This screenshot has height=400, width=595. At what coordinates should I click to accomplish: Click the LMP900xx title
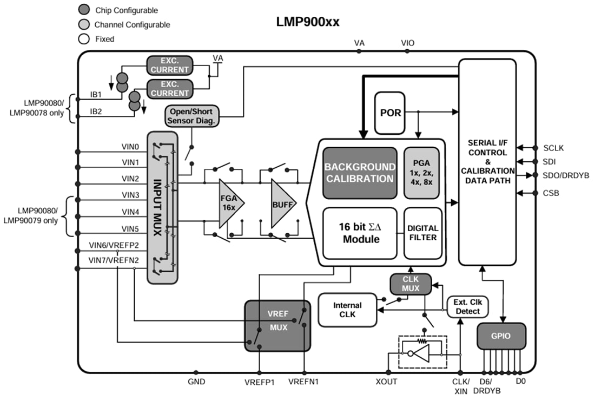click(308, 22)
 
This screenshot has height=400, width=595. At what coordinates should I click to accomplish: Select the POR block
click(390, 113)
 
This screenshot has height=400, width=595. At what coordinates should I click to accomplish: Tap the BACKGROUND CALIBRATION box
click(360, 173)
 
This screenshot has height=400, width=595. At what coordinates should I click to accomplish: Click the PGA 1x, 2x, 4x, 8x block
click(422, 172)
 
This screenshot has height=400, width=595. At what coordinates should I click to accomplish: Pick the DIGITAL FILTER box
click(422, 233)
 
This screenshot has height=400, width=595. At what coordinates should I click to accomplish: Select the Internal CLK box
click(347, 310)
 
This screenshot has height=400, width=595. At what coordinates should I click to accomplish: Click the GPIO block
click(501, 336)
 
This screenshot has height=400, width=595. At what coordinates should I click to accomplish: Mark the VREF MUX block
click(277, 325)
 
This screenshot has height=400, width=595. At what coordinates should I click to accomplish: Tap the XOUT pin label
click(386, 382)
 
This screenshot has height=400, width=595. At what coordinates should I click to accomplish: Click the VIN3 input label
click(130, 194)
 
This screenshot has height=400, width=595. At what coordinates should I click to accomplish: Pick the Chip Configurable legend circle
click(84, 10)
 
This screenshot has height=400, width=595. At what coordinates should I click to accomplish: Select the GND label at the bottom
click(196, 382)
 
